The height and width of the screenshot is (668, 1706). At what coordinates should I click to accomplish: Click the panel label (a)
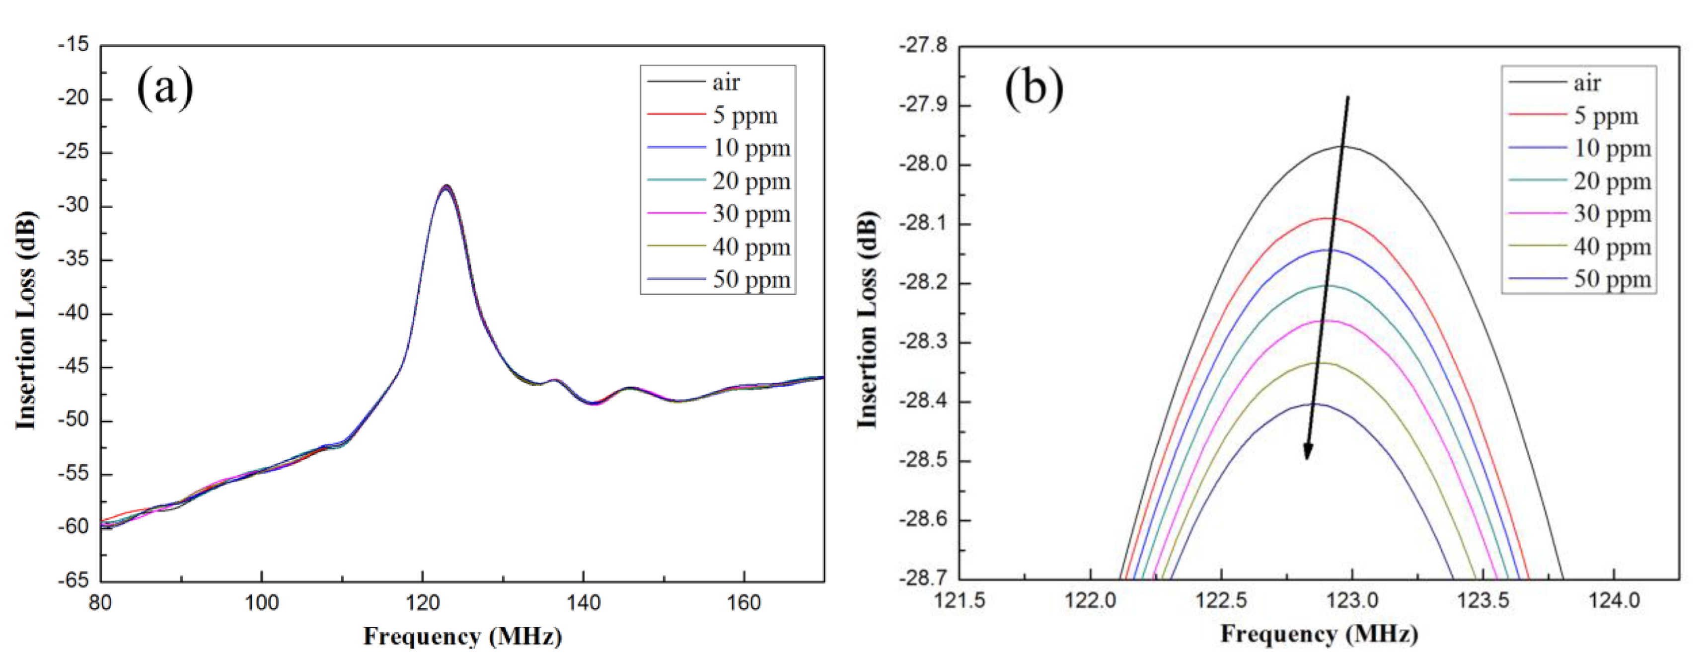coord(165,88)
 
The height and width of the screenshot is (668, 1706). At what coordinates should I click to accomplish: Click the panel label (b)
coord(1034,88)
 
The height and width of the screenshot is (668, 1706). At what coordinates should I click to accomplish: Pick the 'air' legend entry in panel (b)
coord(1587,83)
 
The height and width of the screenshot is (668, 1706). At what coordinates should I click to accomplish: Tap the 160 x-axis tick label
coord(743,603)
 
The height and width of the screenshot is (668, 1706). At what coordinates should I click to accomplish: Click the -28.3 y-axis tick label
coord(923,342)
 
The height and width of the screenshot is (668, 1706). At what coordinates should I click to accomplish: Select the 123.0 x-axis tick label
coord(1352,600)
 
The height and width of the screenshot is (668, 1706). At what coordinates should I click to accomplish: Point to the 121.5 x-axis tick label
coord(960,600)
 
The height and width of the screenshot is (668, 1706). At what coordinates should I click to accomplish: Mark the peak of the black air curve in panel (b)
coord(1343,147)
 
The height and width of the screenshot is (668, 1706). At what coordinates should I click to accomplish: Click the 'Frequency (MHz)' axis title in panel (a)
coord(462,636)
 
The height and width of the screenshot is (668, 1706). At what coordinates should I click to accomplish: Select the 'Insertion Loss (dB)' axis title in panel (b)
coord(868,320)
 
